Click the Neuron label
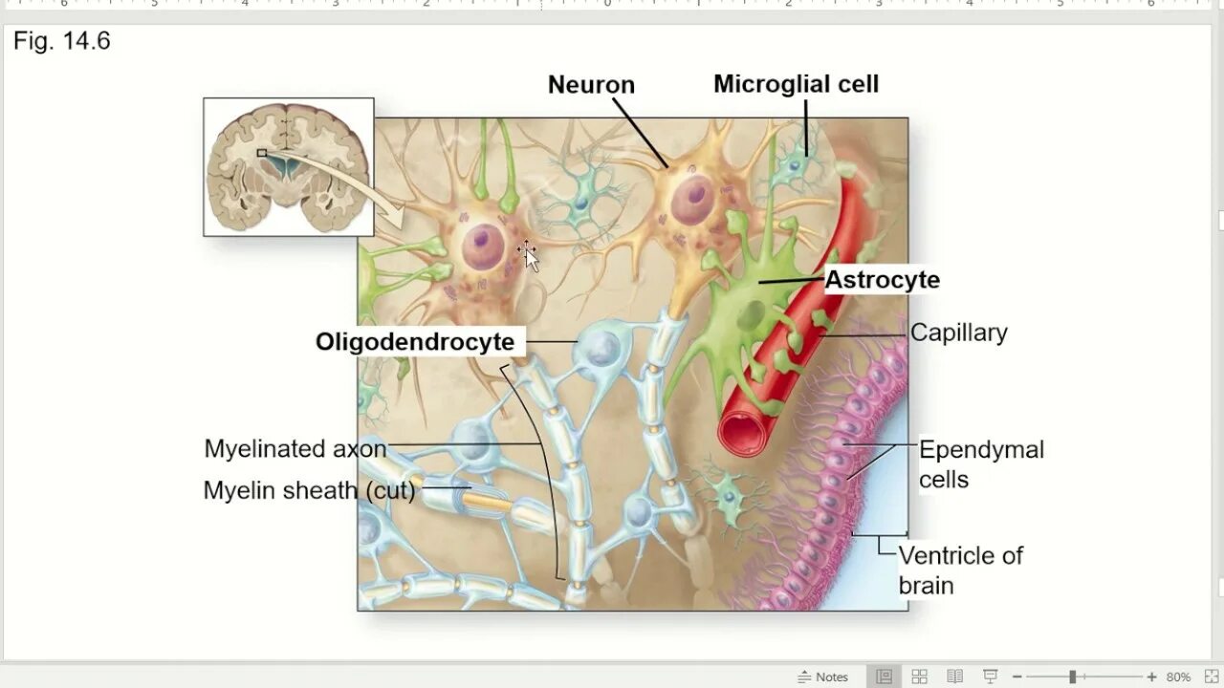591,85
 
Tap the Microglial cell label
796,84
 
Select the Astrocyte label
882,280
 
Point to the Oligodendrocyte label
415,342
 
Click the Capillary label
958,333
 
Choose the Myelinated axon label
295,449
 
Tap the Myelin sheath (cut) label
309,491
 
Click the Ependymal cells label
980,463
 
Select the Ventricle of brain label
959,570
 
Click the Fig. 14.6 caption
62,41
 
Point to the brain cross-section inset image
289,167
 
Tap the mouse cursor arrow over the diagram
530,257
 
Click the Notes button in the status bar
822,677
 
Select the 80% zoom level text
1178,677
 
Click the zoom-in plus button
1151,677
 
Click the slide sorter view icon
919,677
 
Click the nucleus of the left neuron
484,245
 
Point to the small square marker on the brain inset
261,152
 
